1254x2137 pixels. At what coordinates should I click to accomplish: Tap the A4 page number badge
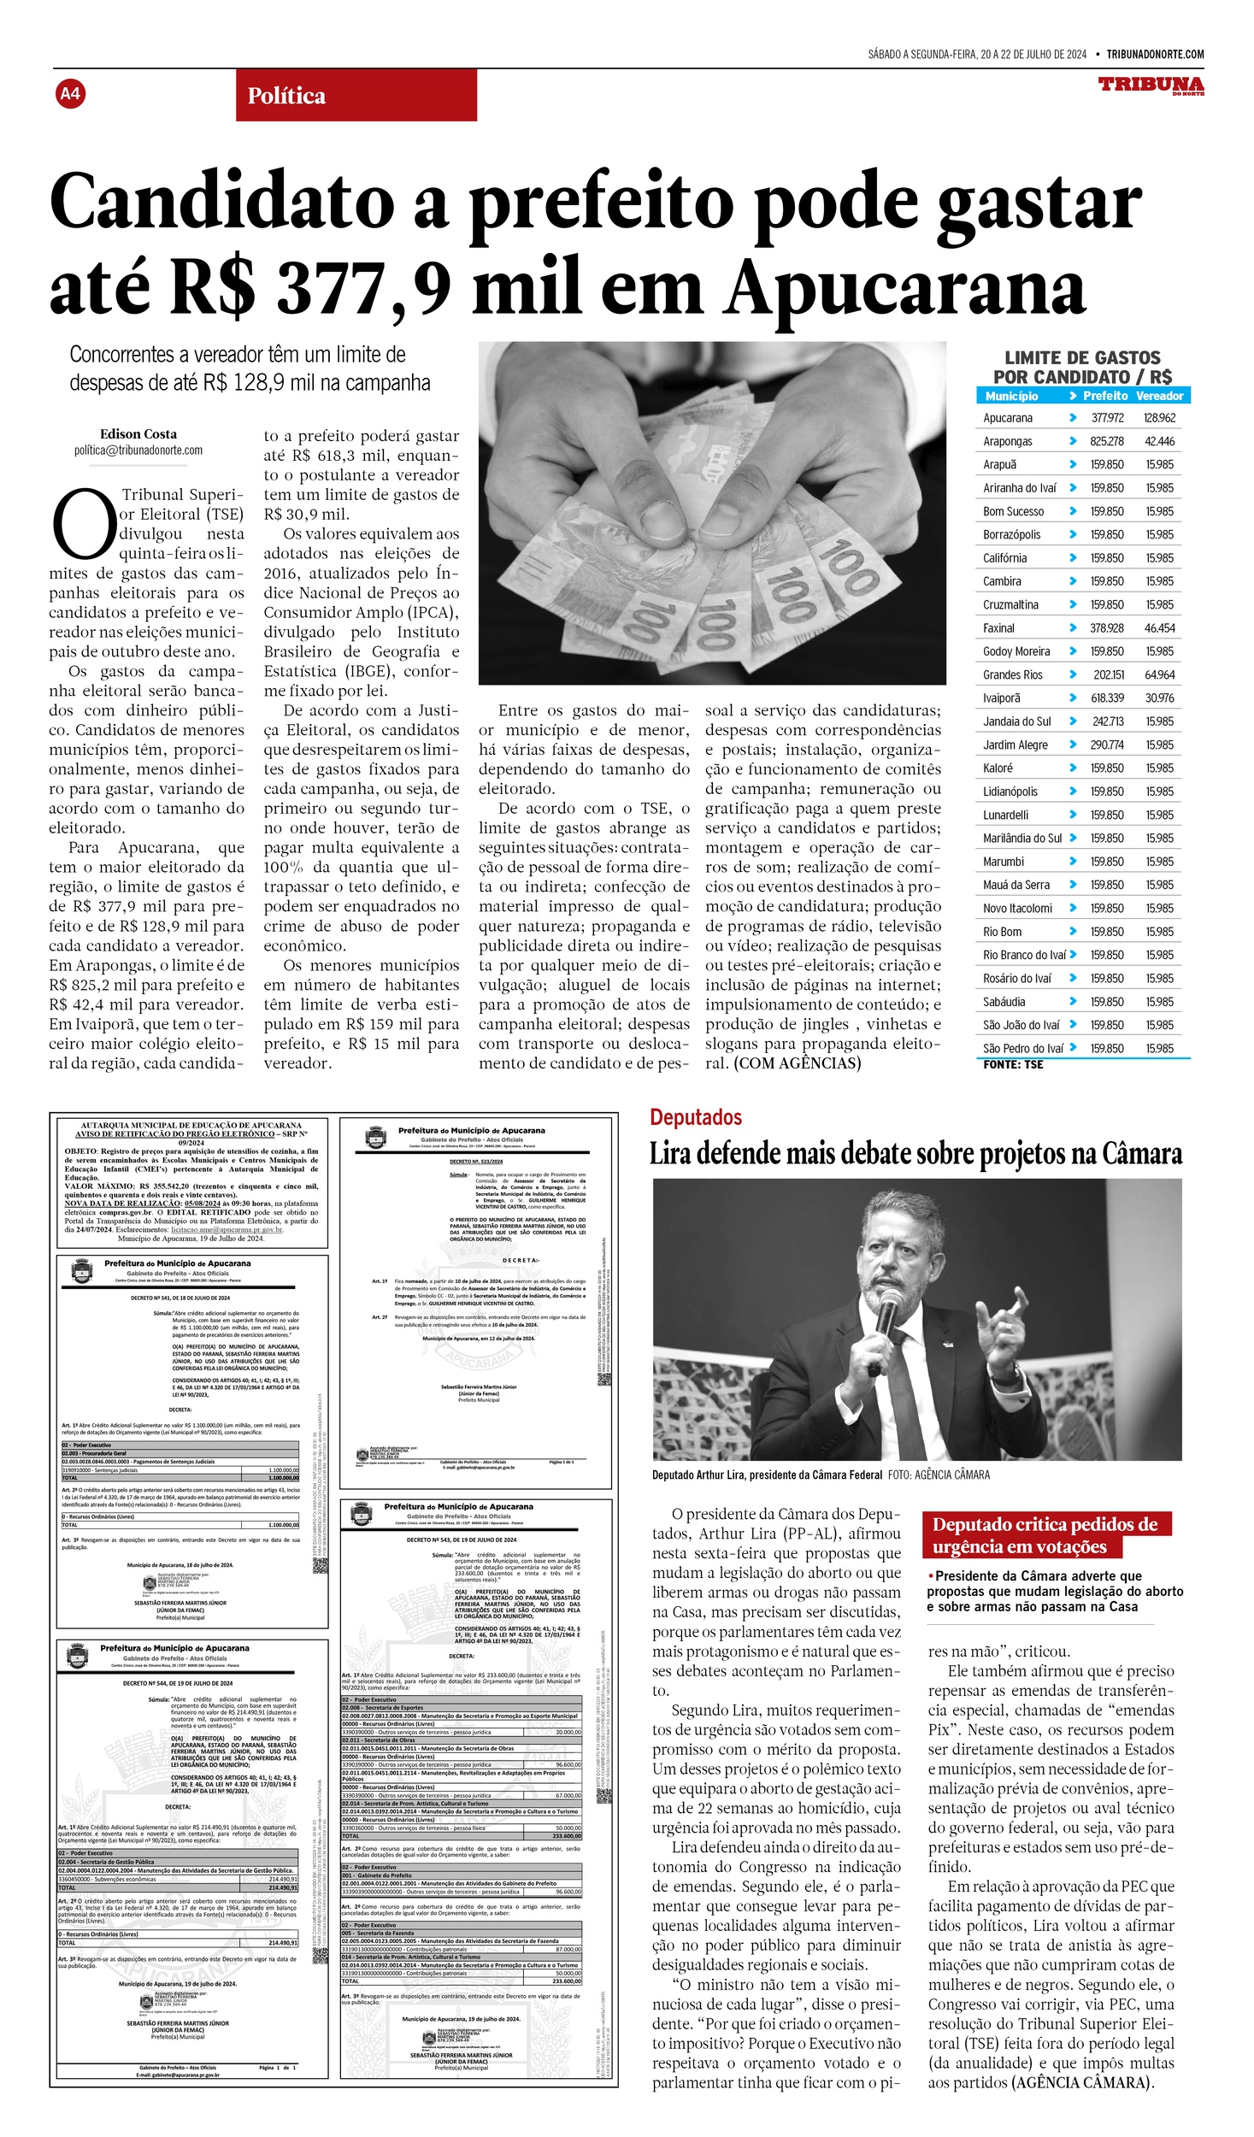click(70, 93)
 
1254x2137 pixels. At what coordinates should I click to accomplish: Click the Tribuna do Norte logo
click(1151, 85)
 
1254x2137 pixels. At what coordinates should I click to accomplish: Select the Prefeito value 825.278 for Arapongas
click(1106, 442)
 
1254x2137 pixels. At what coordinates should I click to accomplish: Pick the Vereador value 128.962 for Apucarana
click(1159, 418)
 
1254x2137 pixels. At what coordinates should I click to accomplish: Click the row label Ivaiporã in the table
click(1001, 698)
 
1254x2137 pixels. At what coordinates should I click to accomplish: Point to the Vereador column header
click(1159, 396)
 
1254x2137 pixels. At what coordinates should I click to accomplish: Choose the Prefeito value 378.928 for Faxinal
click(1106, 628)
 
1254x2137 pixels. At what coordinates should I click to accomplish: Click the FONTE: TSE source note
click(1013, 1065)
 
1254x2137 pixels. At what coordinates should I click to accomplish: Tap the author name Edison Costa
click(138, 434)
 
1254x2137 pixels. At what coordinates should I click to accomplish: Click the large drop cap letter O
click(83, 523)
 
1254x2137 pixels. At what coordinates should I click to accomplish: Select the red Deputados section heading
click(695, 1117)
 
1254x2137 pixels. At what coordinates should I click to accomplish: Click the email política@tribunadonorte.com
click(138, 450)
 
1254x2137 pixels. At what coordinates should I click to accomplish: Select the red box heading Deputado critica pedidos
click(1045, 1535)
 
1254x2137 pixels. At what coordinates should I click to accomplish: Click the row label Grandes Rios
click(1012, 675)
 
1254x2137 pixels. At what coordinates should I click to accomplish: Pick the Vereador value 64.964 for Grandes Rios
click(1159, 675)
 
